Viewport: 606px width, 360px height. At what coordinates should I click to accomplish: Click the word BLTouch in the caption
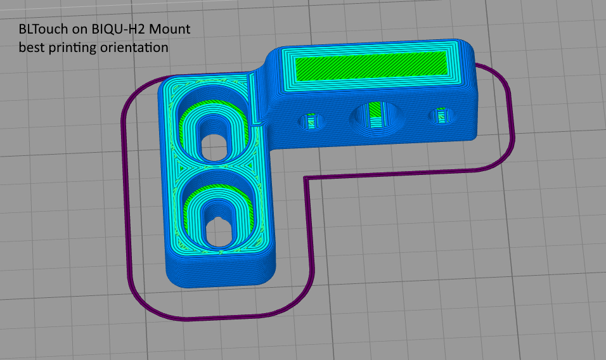click(43, 29)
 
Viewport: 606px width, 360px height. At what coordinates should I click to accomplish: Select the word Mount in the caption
click(170, 29)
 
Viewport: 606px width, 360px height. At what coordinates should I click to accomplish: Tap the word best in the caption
click(31, 48)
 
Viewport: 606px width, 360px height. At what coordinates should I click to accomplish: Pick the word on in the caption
click(80, 30)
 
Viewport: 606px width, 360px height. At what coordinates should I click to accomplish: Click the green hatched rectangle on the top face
click(371, 66)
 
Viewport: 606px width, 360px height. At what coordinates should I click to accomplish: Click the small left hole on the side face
click(311, 121)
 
